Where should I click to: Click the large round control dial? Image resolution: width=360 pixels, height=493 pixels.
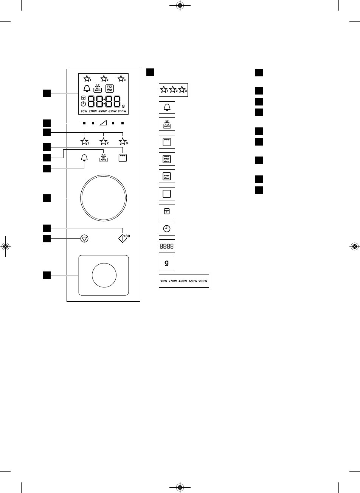[x=103, y=197]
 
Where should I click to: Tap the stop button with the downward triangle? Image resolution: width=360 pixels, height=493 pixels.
[x=84, y=239]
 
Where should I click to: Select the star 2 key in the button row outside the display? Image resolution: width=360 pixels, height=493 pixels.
[x=103, y=142]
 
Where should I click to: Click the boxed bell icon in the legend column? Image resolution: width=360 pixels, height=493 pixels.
[x=167, y=107]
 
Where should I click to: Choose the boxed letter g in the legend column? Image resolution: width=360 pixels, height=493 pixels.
[x=167, y=263]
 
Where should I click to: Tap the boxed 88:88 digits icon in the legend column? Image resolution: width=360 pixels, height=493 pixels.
[x=167, y=246]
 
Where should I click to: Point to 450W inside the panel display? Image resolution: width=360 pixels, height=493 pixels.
[x=102, y=111]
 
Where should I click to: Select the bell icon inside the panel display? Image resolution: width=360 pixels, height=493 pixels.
[x=87, y=88]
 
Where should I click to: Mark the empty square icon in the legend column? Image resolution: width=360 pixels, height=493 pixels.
[x=167, y=194]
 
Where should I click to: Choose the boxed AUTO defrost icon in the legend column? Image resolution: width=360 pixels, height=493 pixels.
[x=167, y=124]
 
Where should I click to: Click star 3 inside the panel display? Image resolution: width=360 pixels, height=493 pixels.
[x=121, y=79]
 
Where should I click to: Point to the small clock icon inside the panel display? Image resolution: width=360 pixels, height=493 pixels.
[x=83, y=104]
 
